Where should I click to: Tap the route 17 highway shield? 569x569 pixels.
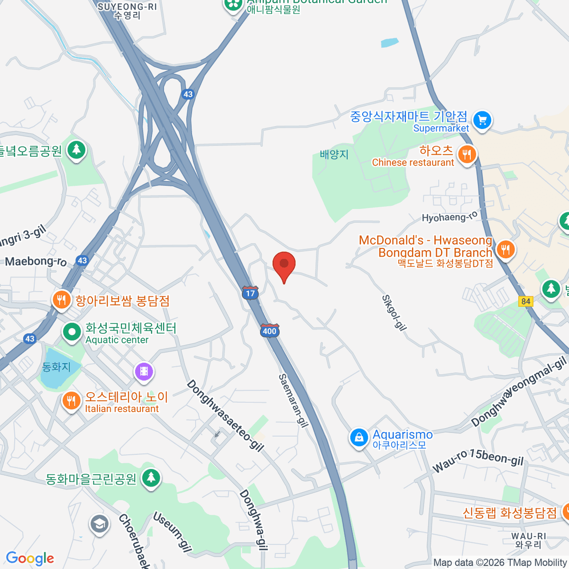[250, 292]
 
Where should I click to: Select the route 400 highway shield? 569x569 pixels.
[269, 330]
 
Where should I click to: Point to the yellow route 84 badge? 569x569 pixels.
[525, 302]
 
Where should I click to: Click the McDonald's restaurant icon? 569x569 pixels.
[505, 249]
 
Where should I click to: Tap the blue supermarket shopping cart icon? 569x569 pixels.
[482, 120]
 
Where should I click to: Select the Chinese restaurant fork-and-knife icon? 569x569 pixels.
[467, 154]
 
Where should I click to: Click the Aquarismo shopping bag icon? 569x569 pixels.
[359, 438]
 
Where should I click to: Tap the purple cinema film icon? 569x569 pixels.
[144, 371]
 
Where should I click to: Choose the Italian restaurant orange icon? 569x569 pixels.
[71, 401]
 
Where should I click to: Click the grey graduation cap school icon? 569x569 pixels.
[99, 524]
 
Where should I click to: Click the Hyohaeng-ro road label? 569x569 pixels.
[450, 217]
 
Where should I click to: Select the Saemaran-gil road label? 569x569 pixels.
[293, 400]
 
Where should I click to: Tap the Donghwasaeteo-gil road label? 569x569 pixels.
[225, 415]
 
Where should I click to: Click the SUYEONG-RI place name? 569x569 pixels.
[127, 10]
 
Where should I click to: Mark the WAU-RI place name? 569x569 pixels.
[528, 540]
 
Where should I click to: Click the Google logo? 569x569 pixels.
[30, 559]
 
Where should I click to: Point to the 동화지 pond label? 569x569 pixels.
[56, 367]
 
